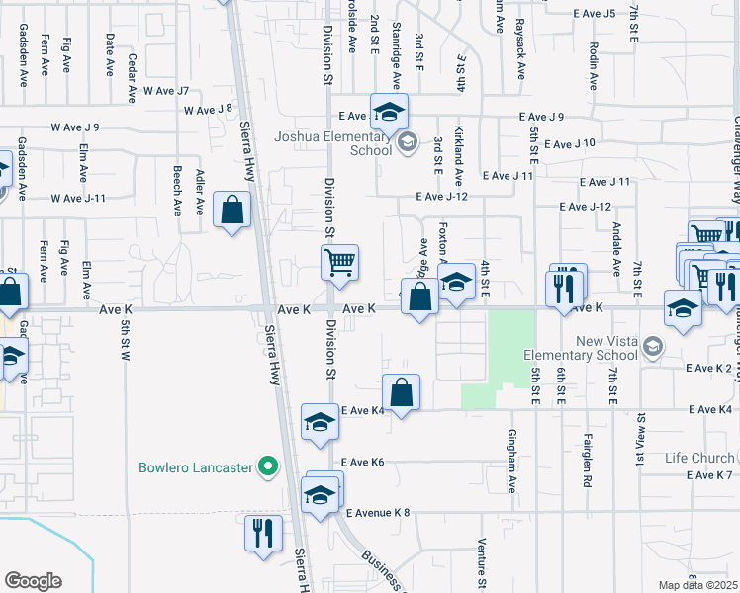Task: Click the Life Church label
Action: coord(699,458)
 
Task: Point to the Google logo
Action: coord(33,581)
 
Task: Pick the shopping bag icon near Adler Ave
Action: coord(231,210)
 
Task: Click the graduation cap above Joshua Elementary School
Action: coord(389,111)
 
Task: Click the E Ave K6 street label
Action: coord(362,462)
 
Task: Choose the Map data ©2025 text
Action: coord(697,585)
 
